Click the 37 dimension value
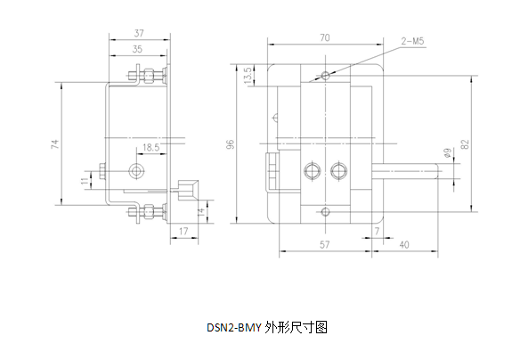click(x=139, y=33)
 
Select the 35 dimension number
click(x=137, y=49)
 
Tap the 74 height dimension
click(x=54, y=143)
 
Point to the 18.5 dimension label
click(x=151, y=147)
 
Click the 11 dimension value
click(x=85, y=181)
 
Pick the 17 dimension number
click(x=183, y=231)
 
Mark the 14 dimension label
click(x=201, y=212)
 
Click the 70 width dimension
click(x=325, y=37)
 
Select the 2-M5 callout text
click(x=412, y=41)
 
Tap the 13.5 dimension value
click(x=248, y=76)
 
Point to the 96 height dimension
click(x=230, y=144)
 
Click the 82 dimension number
click(x=465, y=144)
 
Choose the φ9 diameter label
click(x=447, y=153)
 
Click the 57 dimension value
click(x=325, y=244)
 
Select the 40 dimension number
click(x=404, y=245)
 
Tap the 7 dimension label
click(x=377, y=232)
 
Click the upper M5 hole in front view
click(x=326, y=76)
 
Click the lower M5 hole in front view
click(x=326, y=211)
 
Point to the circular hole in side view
click(x=136, y=171)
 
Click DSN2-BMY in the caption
click(x=234, y=328)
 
